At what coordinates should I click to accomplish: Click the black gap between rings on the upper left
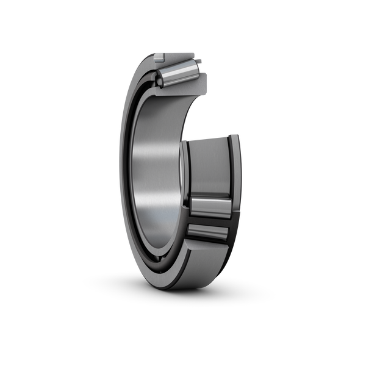(138, 104)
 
